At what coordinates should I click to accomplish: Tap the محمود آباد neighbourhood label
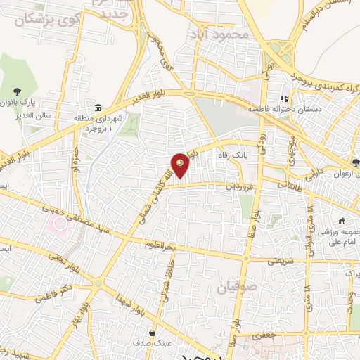click(219, 34)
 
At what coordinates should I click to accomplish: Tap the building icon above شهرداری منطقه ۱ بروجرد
click(96, 107)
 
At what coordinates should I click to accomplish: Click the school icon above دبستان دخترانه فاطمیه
click(285, 98)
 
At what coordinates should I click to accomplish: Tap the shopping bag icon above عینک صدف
click(151, 332)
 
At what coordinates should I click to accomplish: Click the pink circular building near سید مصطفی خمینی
click(58, 226)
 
